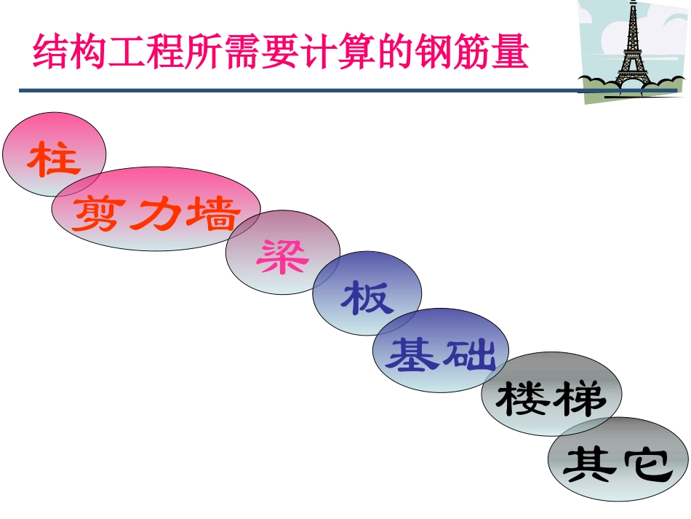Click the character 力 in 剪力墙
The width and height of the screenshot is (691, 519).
pyautogui.click(x=155, y=213)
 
